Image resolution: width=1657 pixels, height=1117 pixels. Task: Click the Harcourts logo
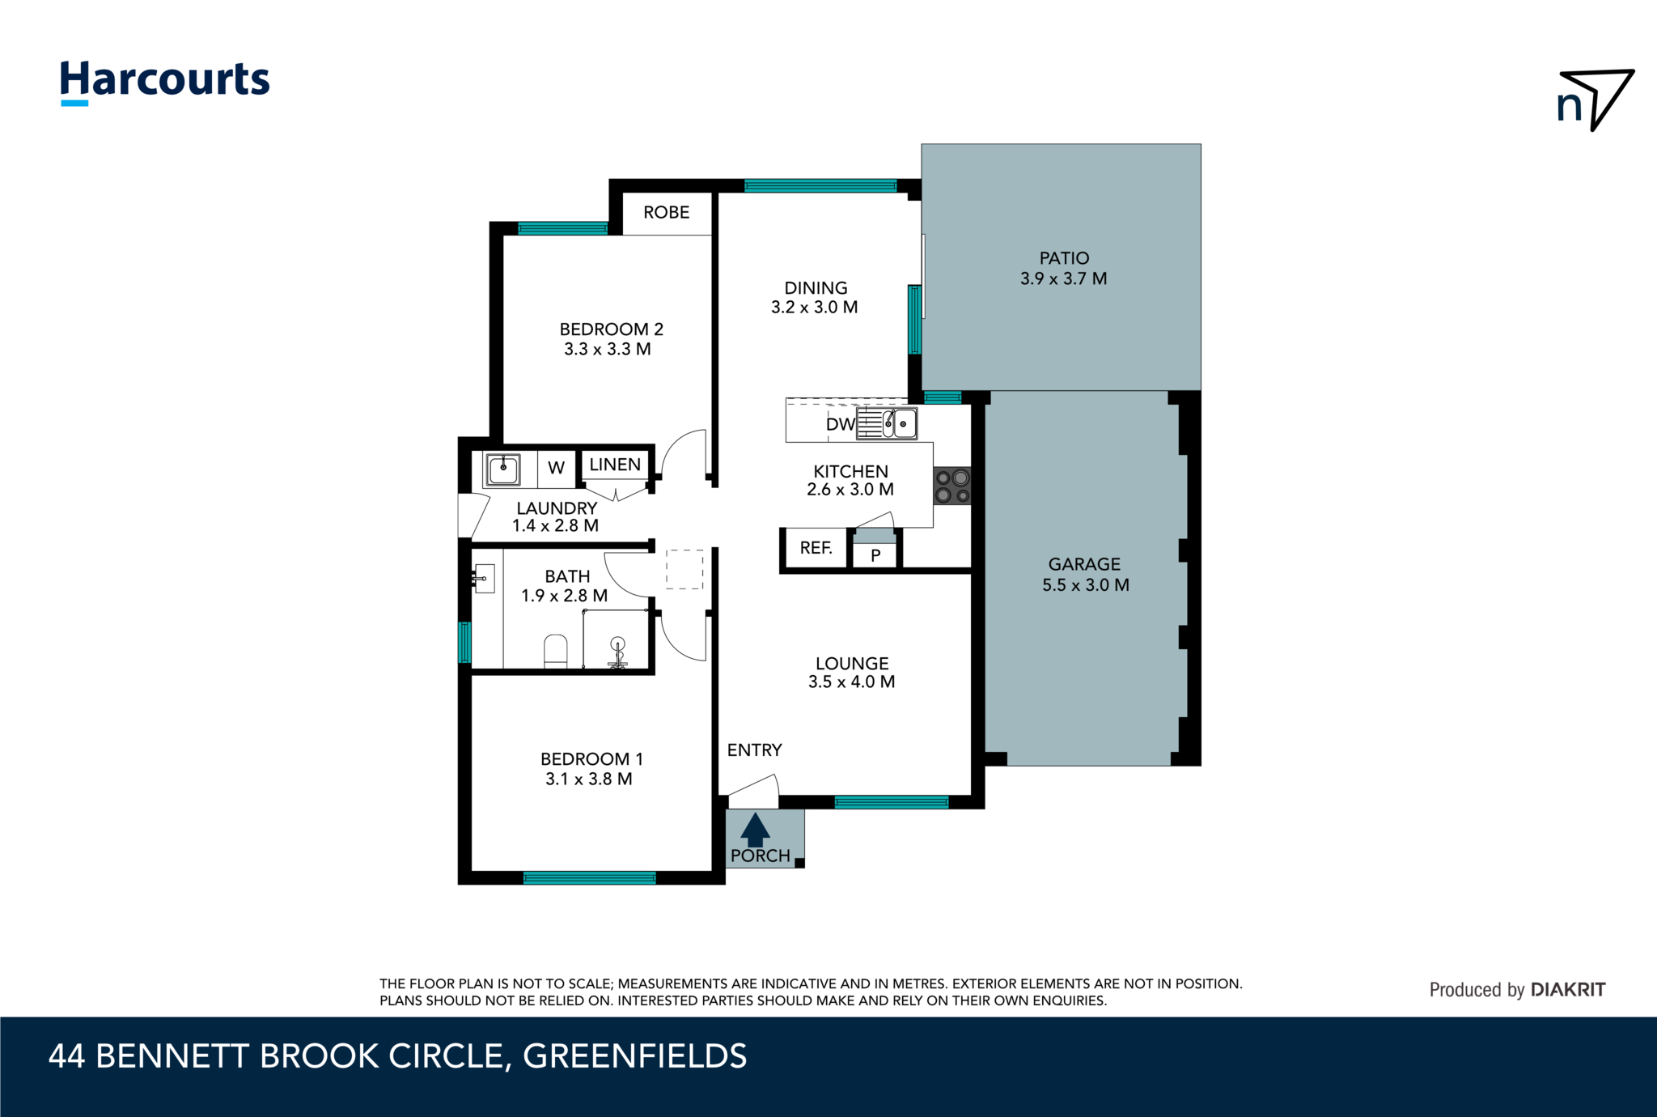click(165, 81)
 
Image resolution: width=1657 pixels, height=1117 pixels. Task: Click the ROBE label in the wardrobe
click(666, 212)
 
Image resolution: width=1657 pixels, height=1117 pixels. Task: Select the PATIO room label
click(1064, 258)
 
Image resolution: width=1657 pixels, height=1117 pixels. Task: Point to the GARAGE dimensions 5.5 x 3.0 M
click(1085, 584)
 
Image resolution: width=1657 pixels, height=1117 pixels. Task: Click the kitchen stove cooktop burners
click(952, 486)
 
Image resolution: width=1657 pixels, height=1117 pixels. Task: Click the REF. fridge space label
click(816, 548)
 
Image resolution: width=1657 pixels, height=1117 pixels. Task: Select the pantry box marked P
click(875, 555)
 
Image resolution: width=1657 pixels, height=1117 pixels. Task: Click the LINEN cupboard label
click(615, 465)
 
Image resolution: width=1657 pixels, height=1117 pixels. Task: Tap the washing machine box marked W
click(556, 468)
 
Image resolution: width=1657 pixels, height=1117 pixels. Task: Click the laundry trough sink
click(503, 469)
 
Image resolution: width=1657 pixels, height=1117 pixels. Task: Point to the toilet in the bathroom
click(556, 651)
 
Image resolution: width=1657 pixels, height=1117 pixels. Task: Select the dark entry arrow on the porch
click(755, 830)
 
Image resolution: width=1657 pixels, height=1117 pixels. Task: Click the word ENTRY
click(754, 750)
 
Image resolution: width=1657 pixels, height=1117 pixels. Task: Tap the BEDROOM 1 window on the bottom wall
click(589, 877)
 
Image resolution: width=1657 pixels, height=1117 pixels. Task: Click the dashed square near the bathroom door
click(684, 569)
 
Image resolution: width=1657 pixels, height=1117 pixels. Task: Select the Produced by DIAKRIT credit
click(1517, 990)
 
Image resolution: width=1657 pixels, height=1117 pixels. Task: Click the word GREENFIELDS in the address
click(635, 1056)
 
